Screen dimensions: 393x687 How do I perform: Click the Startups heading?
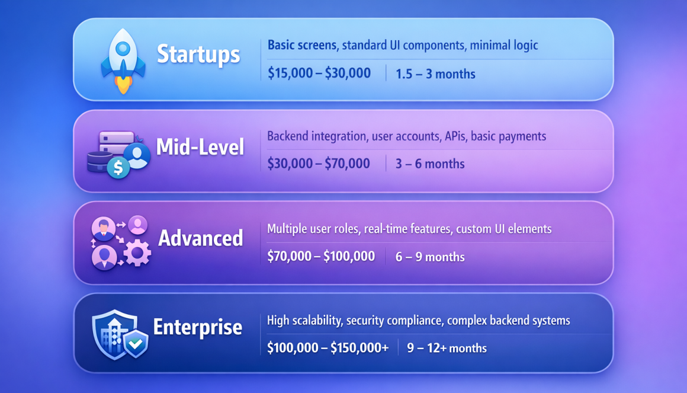pyautogui.click(x=198, y=55)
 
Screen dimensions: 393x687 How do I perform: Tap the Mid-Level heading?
pyautogui.click(x=200, y=147)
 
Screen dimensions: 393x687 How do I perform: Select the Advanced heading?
pyautogui.click(x=201, y=238)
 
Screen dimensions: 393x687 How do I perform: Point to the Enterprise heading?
pyautogui.click(x=198, y=327)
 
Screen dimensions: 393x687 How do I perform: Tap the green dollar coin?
pyautogui.click(x=118, y=168)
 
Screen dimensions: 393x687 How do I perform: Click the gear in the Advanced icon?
pyautogui.click(x=137, y=253)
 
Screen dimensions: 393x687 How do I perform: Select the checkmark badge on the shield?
pyautogui.click(x=136, y=343)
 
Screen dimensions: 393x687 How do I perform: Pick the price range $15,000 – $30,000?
pyautogui.click(x=319, y=74)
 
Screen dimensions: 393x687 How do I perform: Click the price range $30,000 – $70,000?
pyautogui.click(x=319, y=164)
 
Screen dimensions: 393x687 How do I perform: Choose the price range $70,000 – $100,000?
pyautogui.click(x=321, y=257)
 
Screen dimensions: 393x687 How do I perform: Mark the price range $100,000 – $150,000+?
pyautogui.click(x=328, y=348)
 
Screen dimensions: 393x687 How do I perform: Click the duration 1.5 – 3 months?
pyautogui.click(x=435, y=74)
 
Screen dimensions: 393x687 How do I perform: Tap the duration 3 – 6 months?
pyautogui.click(x=430, y=164)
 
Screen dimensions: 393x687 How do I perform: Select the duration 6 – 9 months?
pyautogui.click(x=430, y=257)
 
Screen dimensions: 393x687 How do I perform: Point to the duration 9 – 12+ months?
pyautogui.click(x=447, y=349)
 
